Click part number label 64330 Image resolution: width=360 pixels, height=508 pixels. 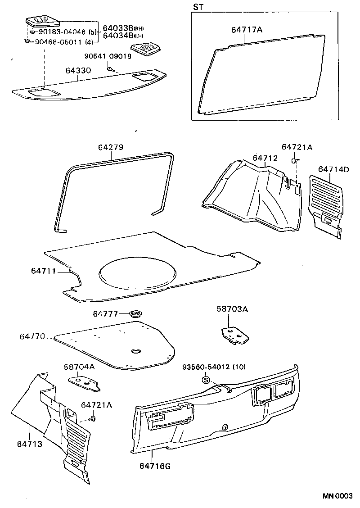coord(78,71)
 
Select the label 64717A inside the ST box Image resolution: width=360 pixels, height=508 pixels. coord(247,30)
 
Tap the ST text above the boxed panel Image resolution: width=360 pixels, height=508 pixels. coord(198,7)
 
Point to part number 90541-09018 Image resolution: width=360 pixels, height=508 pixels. coord(108,56)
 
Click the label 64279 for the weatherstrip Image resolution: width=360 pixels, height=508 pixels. coord(111,148)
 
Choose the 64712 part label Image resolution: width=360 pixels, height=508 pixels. coord(265,158)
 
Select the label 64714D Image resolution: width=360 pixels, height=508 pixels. coord(333,169)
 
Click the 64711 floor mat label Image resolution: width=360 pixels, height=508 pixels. coord(44,271)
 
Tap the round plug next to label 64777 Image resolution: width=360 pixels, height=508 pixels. coord(135,313)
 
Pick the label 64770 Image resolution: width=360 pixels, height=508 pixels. coord(32,336)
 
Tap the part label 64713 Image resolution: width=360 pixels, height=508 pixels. coord(30,444)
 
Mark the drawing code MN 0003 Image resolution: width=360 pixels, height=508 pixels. coord(337,496)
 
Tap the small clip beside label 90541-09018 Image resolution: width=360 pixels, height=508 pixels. coord(110,69)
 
